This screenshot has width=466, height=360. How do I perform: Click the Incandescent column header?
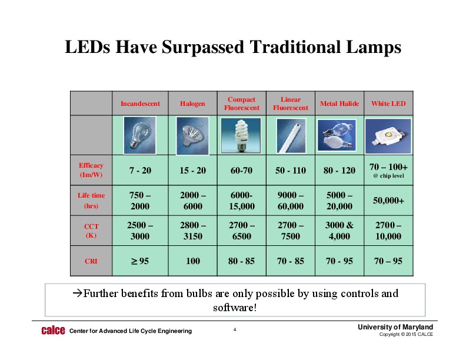point(140,104)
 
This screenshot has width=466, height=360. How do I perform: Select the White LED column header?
point(388,104)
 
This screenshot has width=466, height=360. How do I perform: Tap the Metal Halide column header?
point(339,104)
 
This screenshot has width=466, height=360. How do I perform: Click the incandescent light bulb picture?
point(139,135)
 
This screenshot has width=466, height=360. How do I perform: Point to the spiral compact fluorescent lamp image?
point(241,135)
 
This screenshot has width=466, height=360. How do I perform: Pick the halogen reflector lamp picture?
point(192,135)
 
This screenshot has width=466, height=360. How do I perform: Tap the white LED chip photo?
point(388,135)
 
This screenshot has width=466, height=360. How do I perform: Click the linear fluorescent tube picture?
point(290,135)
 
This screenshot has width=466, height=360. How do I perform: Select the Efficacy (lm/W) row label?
point(91,170)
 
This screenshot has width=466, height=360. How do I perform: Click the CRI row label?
point(91,261)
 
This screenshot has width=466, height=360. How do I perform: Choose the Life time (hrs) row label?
point(91,201)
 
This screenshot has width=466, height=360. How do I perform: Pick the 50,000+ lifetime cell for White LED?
point(388,201)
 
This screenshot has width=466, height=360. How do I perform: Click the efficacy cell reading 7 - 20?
point(140,171)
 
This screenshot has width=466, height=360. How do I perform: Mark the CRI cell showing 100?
point(192,261)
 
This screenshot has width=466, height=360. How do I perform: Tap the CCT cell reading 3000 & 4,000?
point(339,231)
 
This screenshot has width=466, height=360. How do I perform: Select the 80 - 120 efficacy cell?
point(339,171)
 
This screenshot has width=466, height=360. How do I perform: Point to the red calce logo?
point(52,331)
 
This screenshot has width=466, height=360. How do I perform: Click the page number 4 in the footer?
point(235,330)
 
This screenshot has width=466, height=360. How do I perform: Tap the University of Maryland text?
point(395,327)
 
